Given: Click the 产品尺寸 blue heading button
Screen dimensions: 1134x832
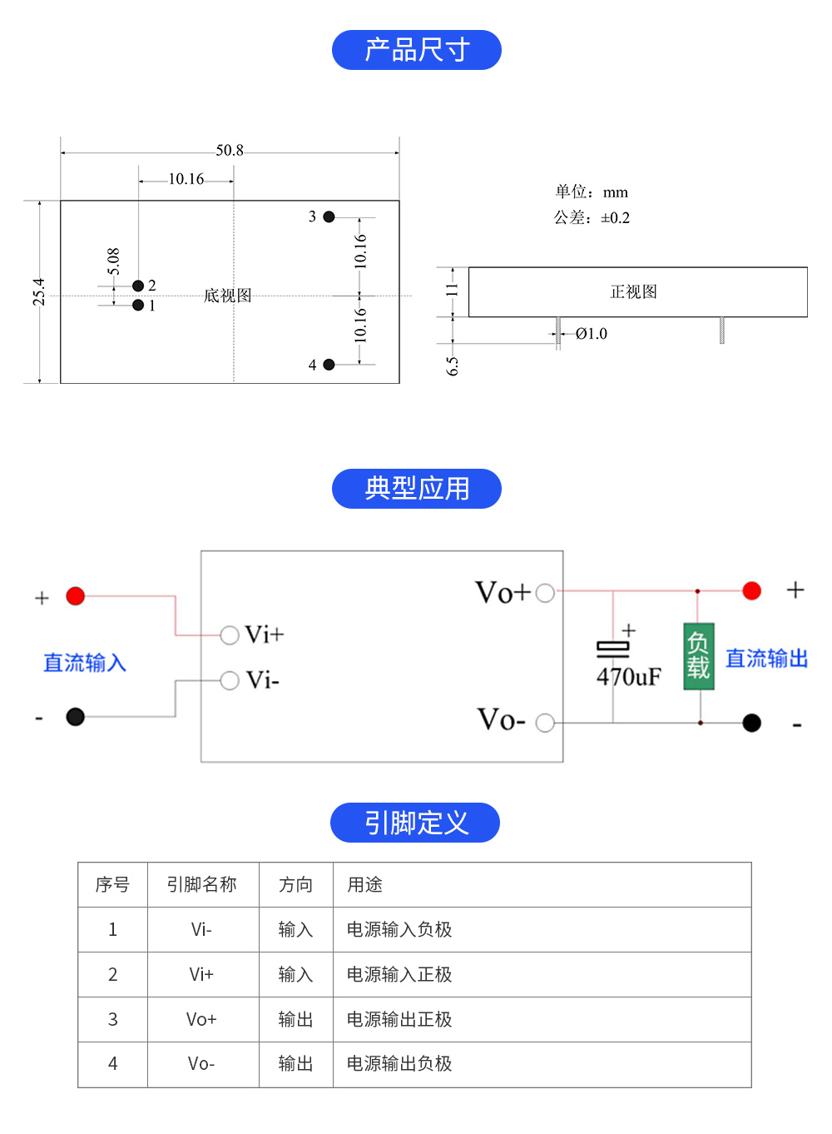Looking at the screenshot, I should click(x=416, y=50).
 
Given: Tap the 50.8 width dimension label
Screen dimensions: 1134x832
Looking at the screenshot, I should click(x=230, y=151).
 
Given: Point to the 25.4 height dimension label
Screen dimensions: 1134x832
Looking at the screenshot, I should click(x=39, y=292).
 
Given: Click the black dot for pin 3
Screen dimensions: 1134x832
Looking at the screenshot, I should click(x=329, y=216).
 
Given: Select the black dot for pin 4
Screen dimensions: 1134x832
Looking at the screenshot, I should click(x=329, y=365).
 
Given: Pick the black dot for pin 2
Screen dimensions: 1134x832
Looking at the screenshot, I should click(x=138, y=286).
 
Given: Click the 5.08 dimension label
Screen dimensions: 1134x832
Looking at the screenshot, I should click(x=114, y=261).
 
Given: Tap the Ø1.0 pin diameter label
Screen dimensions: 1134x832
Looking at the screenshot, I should click(x=592, y=334).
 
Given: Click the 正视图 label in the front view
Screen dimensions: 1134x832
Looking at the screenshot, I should click(x=634, y=292).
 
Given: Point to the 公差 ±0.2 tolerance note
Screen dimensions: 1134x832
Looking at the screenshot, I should click(x=592, y=218).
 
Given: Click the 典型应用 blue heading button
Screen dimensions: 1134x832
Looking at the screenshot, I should click(x=416, y=489).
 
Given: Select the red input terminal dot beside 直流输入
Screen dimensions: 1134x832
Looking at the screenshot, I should click(x=76, y=596).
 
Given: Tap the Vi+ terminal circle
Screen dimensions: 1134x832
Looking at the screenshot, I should click(x=230, y=635).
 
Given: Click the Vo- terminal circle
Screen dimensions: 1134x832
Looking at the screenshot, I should click(x=545, y=723).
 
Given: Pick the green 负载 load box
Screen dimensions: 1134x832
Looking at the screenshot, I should click(x=699, y=656).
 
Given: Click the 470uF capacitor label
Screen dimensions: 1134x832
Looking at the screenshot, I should click(x=629, y=677).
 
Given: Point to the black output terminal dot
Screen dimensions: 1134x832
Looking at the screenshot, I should click(x=751, y=723).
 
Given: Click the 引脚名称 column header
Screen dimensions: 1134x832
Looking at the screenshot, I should click(x=202, y=884).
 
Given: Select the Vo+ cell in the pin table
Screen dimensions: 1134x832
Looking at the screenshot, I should click(x=201, y=1019).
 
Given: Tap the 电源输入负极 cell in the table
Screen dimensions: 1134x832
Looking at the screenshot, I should click(x=399, y=929).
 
